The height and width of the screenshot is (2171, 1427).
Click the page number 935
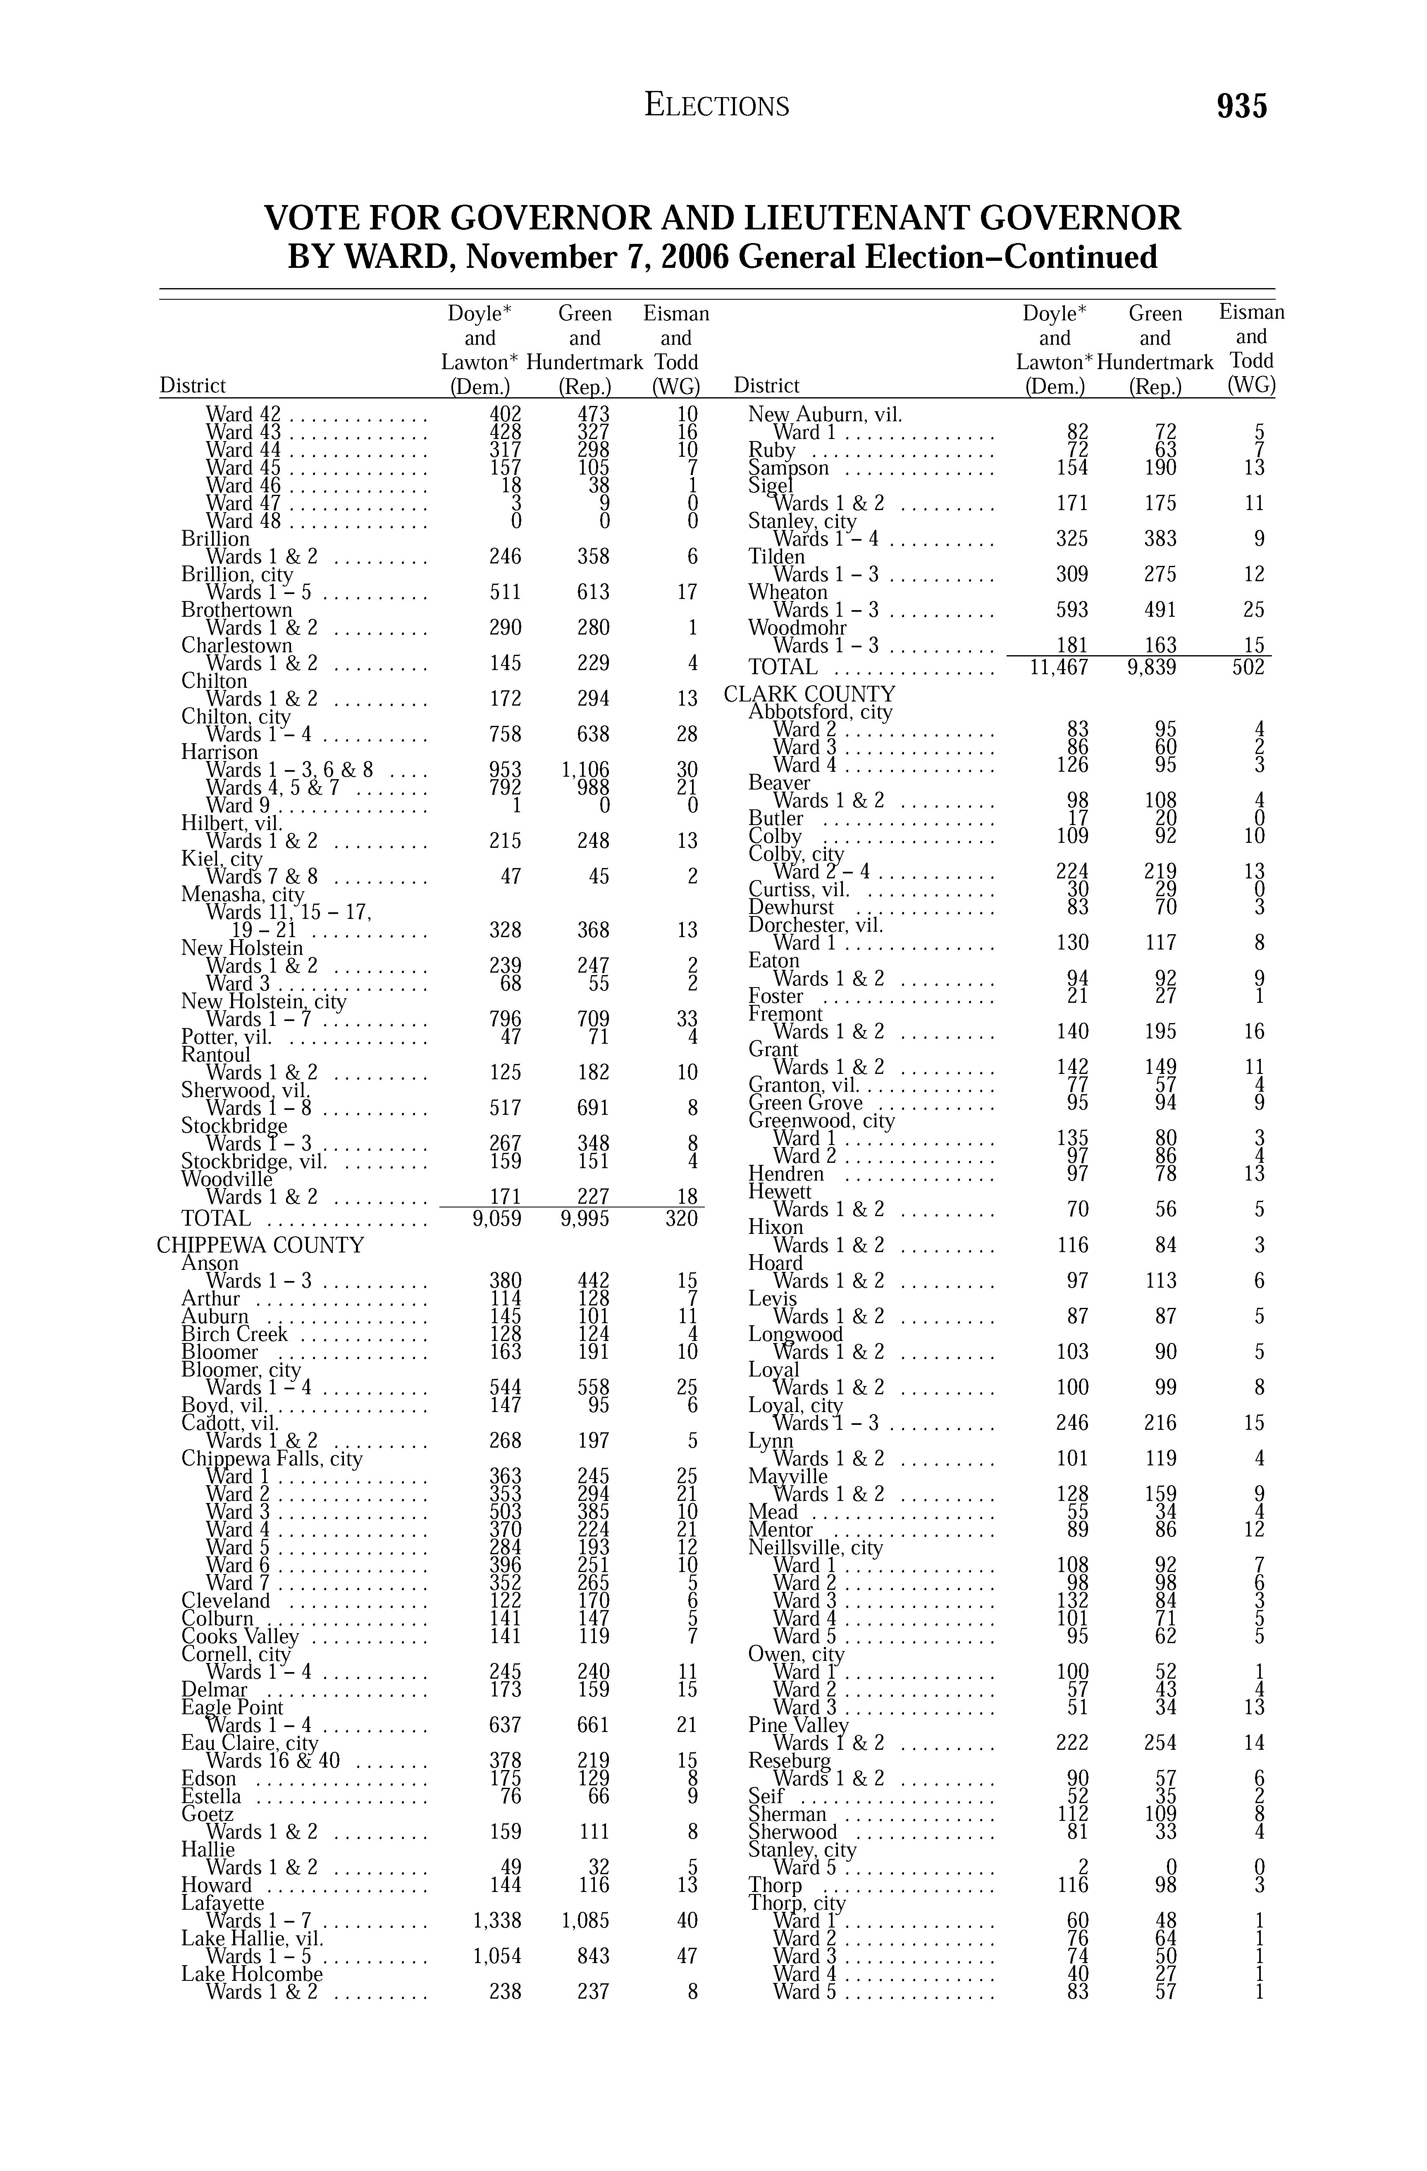(x=1242, y=107)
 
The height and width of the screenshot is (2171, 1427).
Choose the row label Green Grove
(x=806, y=1103)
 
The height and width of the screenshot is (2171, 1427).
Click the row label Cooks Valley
(x=240, y=1637)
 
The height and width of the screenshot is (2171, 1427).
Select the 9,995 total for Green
(x=585, y=1219)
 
